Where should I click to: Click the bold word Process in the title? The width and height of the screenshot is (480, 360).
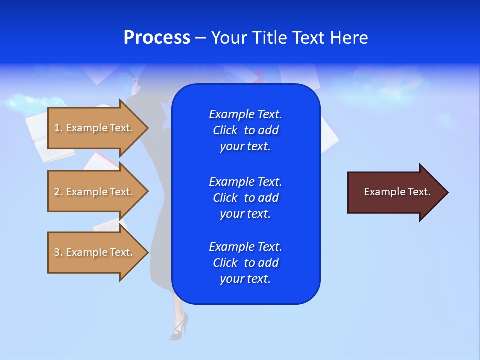point(157,38)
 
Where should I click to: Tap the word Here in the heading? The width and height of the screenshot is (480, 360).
point(349,38)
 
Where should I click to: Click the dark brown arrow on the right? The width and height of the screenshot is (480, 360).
point(395,192)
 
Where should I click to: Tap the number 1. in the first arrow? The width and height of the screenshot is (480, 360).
point(58,128)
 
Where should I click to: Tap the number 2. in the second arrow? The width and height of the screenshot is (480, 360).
point(58,192)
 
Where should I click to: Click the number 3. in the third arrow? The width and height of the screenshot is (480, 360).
point(58,252)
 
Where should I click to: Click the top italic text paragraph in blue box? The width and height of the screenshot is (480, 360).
point(245,130)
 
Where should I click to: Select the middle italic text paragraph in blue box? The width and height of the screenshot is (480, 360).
point(245,197)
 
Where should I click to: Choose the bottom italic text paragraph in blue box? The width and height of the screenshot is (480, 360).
point(245,263)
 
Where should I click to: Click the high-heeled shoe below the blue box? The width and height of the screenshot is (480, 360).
point(179,326)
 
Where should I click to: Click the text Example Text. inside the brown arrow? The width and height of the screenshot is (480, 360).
point(397,192)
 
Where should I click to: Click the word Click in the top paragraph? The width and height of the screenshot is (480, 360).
point(225,130)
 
